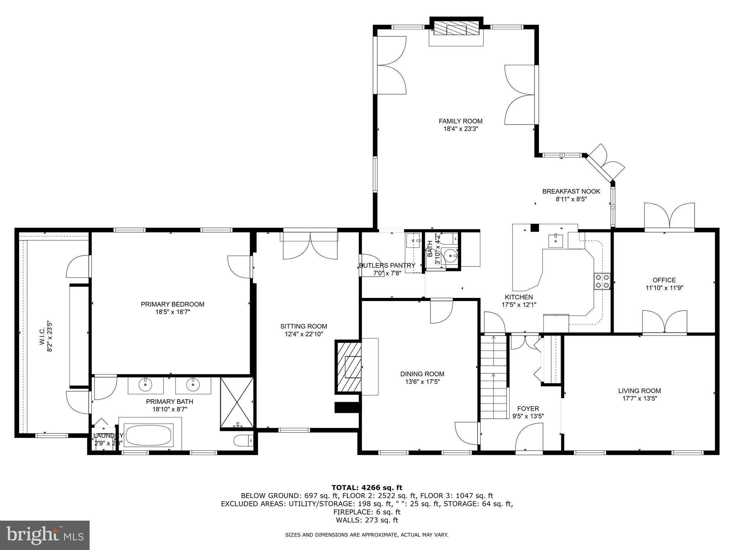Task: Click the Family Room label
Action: point(461,121)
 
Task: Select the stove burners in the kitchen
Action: point(602,281)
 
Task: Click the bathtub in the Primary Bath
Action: point(148,435)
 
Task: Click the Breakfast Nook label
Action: point(571,192)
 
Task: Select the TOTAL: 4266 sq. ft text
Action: point(367,487)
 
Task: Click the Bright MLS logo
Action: point(45,535)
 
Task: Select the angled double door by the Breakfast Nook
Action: point(606,163)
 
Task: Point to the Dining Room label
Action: point(422,374)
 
